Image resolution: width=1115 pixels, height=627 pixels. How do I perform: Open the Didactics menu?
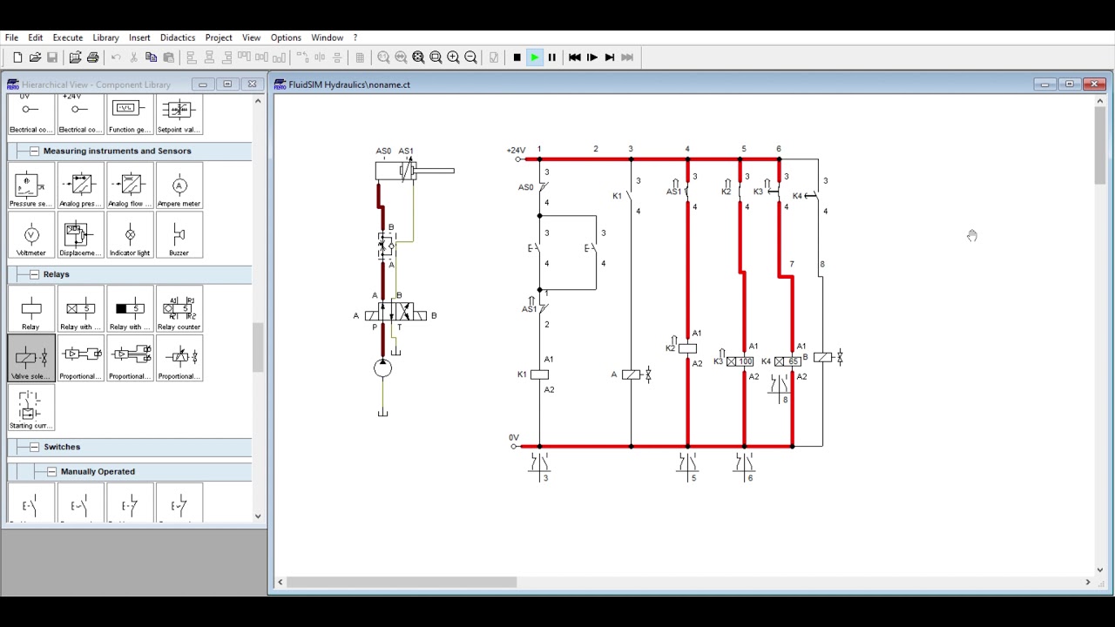177,37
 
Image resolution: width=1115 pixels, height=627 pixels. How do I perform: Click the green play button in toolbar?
534,57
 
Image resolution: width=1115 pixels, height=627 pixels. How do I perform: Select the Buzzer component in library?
179,236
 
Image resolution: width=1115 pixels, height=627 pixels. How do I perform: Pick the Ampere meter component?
179,187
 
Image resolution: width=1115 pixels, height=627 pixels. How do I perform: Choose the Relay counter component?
179,310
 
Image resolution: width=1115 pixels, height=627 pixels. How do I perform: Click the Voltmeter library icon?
30,236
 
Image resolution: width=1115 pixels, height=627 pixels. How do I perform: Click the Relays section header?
56,274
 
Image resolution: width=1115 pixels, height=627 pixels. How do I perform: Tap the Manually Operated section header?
98,471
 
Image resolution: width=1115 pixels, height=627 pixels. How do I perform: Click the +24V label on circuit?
516,150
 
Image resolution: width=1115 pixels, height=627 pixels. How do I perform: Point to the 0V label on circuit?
514,437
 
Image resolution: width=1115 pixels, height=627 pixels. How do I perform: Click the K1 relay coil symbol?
539,374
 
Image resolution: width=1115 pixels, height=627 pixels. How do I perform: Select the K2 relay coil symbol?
687,348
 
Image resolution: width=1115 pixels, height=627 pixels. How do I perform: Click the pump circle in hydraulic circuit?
382,368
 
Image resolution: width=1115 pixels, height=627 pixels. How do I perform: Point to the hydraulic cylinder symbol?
409,171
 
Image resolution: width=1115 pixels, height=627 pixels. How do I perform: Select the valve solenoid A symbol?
631,374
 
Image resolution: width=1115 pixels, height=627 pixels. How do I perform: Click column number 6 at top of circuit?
779,149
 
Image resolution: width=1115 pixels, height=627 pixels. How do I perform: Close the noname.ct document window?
1095,84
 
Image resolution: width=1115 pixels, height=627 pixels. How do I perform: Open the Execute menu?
67,37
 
